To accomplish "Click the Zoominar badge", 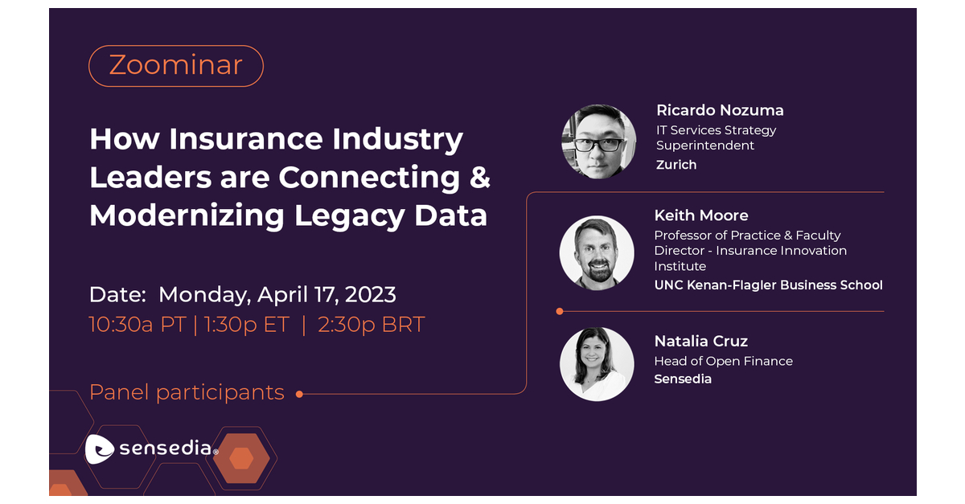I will pyautogui.click(x=175, y=65).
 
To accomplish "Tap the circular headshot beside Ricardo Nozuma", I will pyautogui.click(x=598, y=141).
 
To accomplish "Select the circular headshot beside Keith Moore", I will pyautogui.click(x=597, y=252).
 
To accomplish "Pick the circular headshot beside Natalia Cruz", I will pyautogui.click(x=597, y=363).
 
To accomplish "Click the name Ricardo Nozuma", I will pyautogui.click(x=720, y=110).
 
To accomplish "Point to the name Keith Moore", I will pyautogui.click(x=701, y=215).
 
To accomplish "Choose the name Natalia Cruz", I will pyautogui.click(x=701, y=342).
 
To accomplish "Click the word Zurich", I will pyautogui.click(x=676, y=165).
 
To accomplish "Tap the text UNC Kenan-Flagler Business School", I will pyautogui.click(x=768, y=285).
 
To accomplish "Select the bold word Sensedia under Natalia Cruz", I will pyautogui.click(x=683, y=379).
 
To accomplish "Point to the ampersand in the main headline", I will pyautogui.click(x=479, y=177).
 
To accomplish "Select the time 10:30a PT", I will pyautogui.click(x=138, y=325).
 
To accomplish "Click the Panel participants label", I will pyautogui.click(x=187, y=392).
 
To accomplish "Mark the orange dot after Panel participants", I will pyautogui.click(x=299, y=394).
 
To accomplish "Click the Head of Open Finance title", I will pyautogui.click(x=723, y=361).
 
